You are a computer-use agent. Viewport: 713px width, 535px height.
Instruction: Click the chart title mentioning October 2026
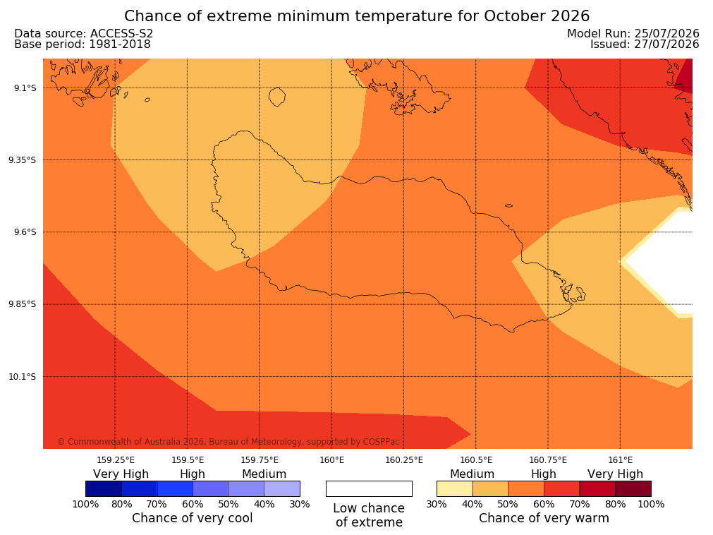coord(357,16)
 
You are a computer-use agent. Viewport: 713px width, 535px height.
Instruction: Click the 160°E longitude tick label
coord(332,460)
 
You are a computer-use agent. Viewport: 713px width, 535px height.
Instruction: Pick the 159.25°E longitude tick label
coord(116,460)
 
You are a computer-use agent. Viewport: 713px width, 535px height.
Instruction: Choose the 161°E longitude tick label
coord(620,460)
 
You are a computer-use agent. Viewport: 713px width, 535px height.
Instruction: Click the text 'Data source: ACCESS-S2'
coord(84,34)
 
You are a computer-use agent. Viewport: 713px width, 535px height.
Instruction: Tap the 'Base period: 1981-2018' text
coord(83,44)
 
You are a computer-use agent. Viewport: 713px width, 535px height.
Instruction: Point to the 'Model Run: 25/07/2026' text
coord(633,34)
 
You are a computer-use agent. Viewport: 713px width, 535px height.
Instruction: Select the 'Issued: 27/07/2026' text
coord(645,44)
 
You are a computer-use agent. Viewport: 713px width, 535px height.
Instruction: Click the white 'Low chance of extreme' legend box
coord(370,488)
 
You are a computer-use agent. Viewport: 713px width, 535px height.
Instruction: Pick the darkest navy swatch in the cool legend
coord(104,488)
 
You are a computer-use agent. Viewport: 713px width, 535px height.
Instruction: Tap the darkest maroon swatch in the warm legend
coord(633,488)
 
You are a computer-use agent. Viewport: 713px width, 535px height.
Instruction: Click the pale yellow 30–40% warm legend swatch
coord(455,488)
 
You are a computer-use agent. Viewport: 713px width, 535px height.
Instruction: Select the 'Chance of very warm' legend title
coord(544,518)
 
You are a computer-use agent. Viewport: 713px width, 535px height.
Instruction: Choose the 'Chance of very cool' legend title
coord(193,518)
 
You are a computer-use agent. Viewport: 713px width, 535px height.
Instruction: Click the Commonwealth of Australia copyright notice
coord(228,442)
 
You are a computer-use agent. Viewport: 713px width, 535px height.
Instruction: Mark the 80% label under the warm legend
coord(615,504)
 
